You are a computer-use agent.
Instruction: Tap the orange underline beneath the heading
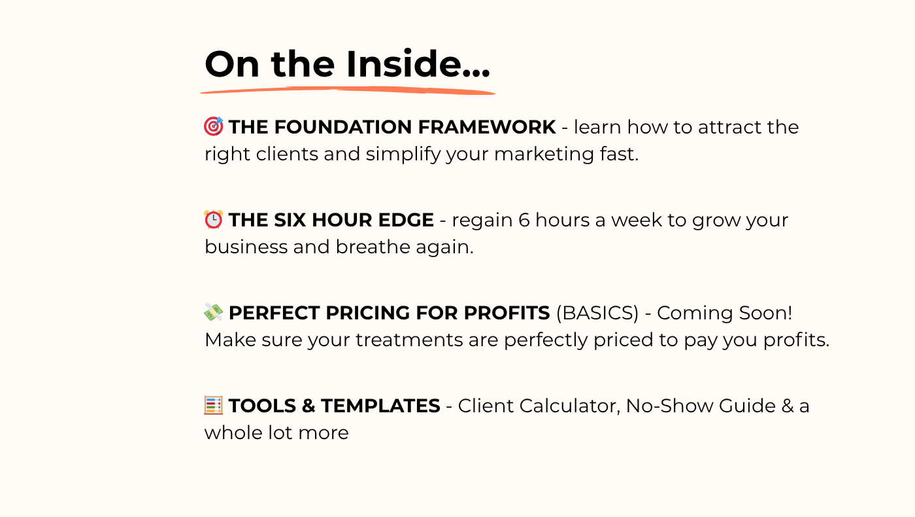pos(348,91)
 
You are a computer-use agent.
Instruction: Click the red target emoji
pos(214,126)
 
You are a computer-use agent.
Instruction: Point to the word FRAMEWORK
pos(487,127)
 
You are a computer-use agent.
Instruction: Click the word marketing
pos(544,154)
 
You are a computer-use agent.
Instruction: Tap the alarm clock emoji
pos(214,220)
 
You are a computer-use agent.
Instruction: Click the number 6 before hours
pos(524,220)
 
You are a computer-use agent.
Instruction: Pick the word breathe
pos(373,247)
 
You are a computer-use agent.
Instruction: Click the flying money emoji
pos(214,313)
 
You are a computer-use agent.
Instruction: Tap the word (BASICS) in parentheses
pos(597,313)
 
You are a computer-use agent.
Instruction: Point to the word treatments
pos(409,340)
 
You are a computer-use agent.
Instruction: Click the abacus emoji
pos(214,405)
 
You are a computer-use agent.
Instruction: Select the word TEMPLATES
pos(380,406)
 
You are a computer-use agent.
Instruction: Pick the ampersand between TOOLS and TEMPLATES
pos(308,406)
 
